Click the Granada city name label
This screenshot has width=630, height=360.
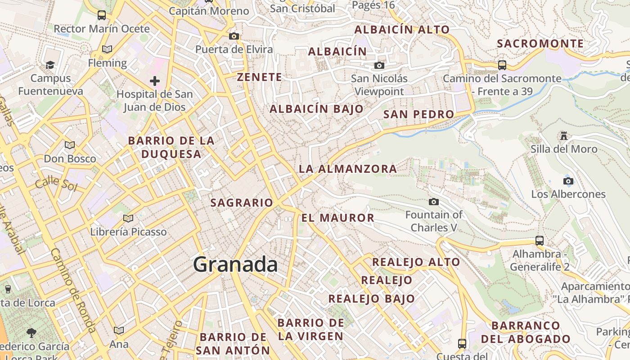click(x=235, y=265)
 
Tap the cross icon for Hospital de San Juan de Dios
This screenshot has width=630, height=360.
click(x=155, y=81)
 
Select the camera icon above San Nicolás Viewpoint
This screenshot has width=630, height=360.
click(x=379, y=66)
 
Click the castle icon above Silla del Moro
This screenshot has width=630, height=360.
click(x=563, y=135)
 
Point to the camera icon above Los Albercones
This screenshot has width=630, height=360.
click(x=568, y=181)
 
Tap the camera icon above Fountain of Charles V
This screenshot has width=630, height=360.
click(x=434, y=202)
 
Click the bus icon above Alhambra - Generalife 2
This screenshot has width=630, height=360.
click(x=540, y=240)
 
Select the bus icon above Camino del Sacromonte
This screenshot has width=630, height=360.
click(x=502, y=65)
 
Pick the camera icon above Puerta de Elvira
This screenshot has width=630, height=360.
click(x=234, y=36)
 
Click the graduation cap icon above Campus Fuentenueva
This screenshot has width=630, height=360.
click(x=50, y=65)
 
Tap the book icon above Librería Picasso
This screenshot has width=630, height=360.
click(x=128, y=218)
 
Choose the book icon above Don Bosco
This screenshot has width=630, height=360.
click(x=69, y=145)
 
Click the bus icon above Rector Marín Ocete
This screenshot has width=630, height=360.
click(x=102, y=15)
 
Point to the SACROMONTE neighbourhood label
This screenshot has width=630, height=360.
click(x=540, y=44)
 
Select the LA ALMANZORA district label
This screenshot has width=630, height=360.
click(x=348, y=169)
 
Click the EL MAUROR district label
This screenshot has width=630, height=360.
click(x=337, y=218)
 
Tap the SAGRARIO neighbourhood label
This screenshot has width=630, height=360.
click(x=242, y=203)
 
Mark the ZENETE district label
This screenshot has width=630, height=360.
click(x=260, y=77)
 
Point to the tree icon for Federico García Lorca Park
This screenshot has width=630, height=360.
click(x=31, y=333)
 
